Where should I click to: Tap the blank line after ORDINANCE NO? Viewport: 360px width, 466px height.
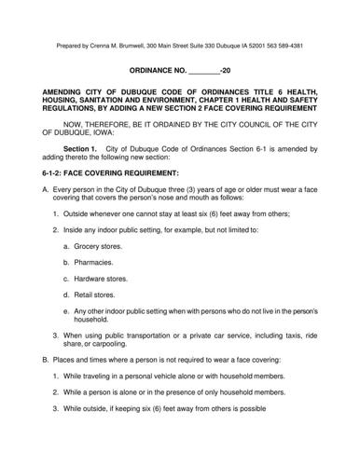pos(203,71)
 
